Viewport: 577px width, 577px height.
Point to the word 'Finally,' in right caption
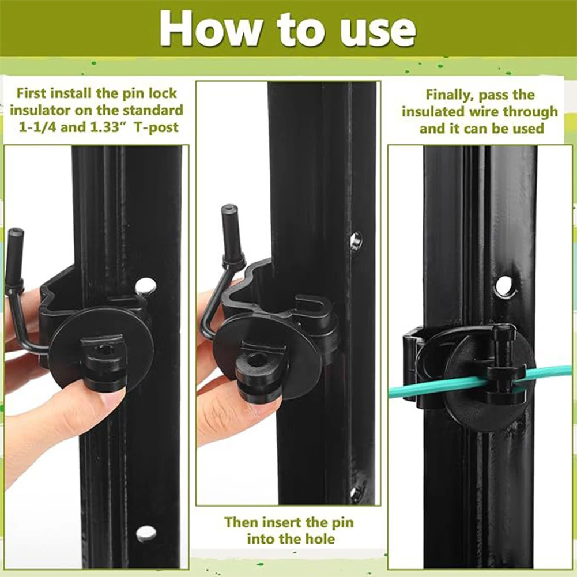452,95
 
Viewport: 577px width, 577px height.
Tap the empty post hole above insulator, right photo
506,286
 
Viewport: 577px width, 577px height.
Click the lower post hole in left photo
146,533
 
